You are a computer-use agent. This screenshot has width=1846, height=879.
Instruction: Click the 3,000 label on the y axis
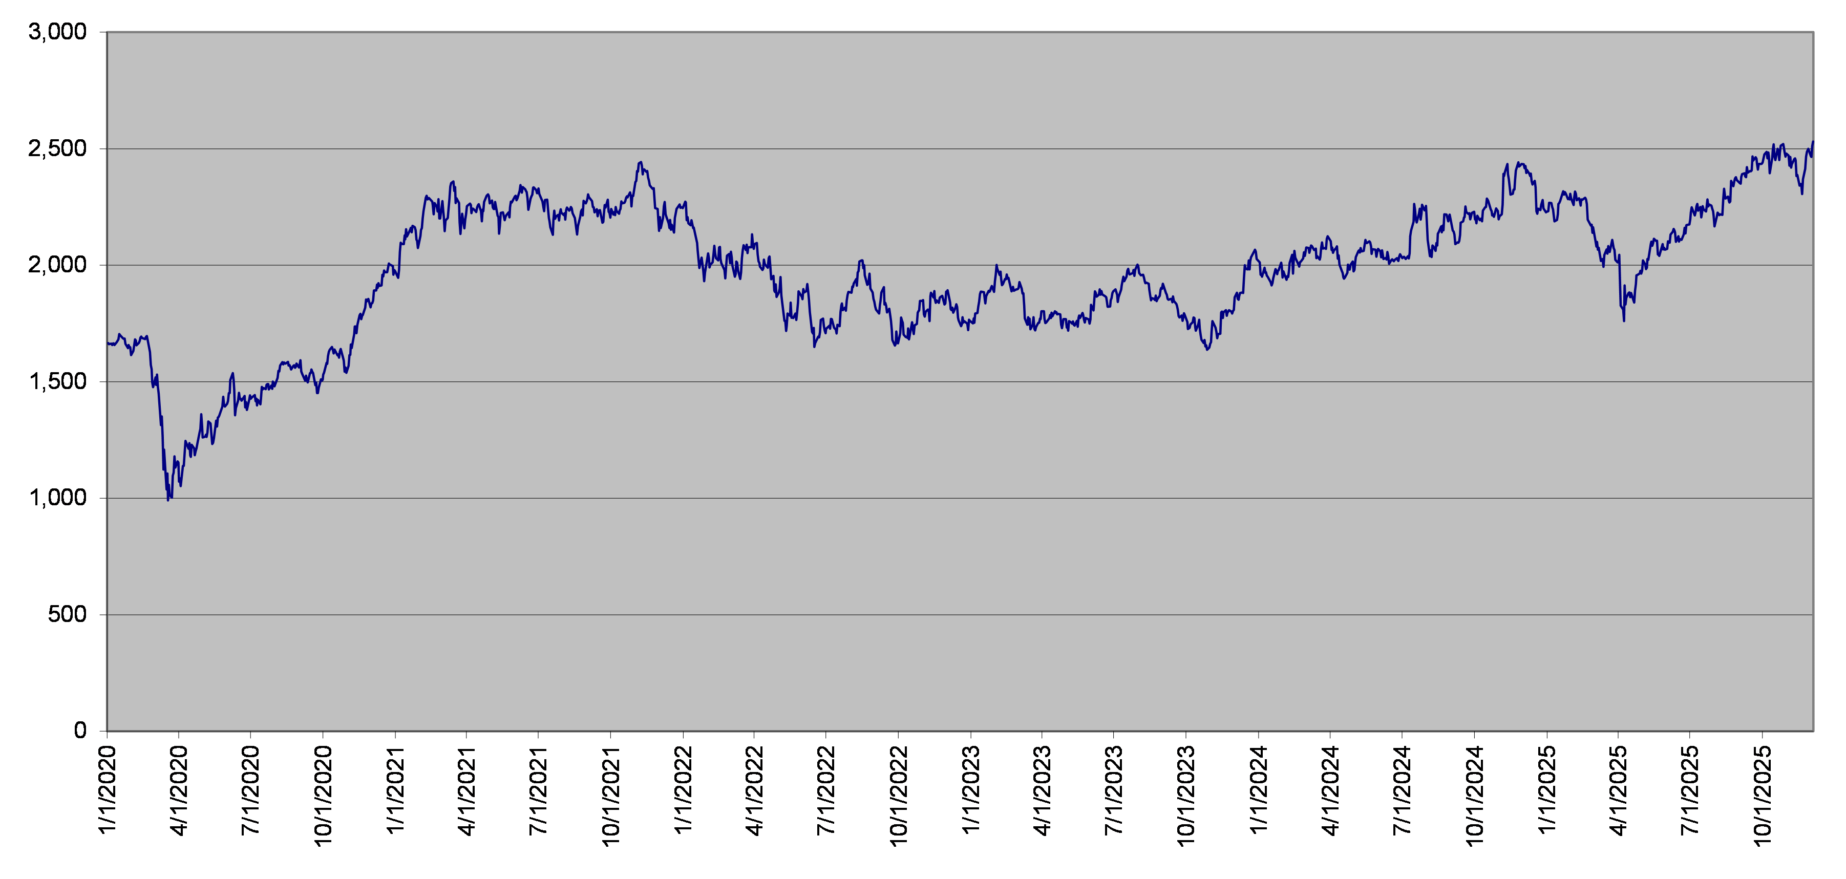click(x=57, y=32)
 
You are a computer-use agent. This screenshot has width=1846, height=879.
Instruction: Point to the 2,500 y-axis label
click(x=57, y=149)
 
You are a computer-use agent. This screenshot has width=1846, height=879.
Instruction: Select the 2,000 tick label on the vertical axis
click(x=57, y=265)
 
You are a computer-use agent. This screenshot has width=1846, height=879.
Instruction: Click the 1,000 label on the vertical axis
click(x=57, y=498)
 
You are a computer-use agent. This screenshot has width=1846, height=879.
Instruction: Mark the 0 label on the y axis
click(x=80, y=731)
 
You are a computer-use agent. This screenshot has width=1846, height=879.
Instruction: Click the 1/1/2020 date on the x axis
click(x=107, y=789)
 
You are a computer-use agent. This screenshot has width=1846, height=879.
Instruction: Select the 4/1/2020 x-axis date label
click(x=178, y=789)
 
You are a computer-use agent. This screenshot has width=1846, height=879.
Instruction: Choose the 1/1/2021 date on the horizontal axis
click(x=395, y=789)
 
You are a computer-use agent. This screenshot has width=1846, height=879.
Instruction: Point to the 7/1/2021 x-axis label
click(x=538, y=789)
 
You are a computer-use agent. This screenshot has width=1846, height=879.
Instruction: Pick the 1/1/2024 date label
click(x=1258, y=789)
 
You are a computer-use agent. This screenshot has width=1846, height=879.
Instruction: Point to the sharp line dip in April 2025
click(x=1623, y=320)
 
